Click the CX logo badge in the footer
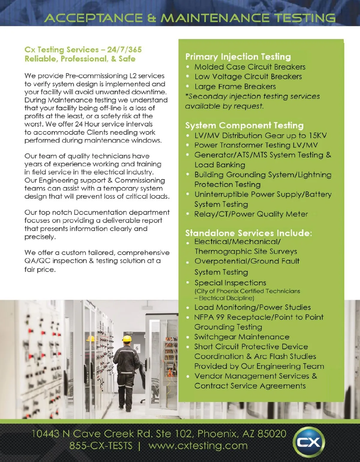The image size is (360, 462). point(309,442)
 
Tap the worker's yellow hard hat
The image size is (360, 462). point(127,338)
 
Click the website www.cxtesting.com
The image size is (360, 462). point(198,445)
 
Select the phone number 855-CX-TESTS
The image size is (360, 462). point(101,445)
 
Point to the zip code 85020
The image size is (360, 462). point(272,433)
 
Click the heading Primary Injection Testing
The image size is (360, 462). point(238,57)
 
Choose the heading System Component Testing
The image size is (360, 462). point(244,125)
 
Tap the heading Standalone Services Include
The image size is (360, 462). point(248,233)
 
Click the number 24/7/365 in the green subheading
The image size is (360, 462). point(124,50)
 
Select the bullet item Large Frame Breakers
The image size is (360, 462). point(235,86)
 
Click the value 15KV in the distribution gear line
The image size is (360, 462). point(318,135)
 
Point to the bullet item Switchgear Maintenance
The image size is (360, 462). point(242,337)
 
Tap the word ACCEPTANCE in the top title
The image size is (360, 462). point(93,18)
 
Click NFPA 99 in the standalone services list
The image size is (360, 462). point(209,317)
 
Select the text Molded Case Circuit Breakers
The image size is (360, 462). point(250,67)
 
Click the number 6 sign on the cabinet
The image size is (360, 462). point(137,349)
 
